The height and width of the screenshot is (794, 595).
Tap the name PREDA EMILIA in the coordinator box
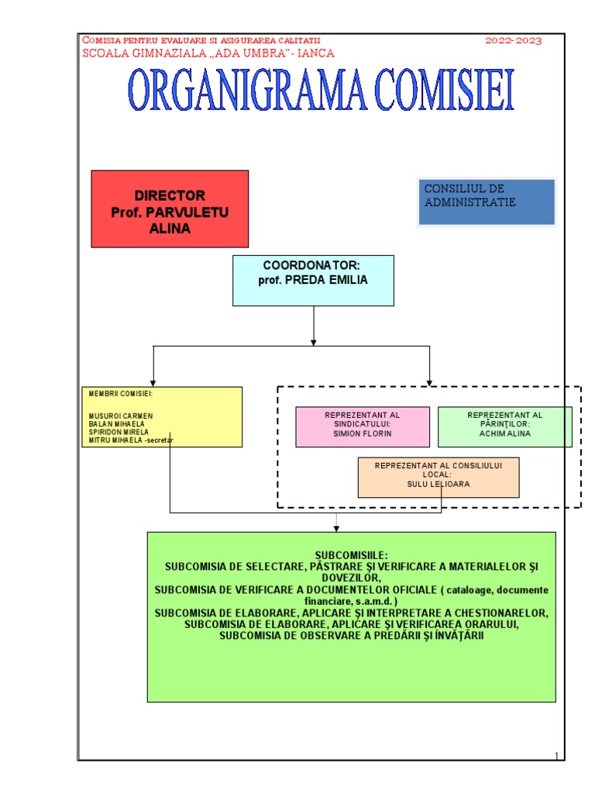coord(326,281)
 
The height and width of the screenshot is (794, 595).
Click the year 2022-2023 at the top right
coord(514,40)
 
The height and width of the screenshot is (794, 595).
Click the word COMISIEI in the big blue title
coord(439,91)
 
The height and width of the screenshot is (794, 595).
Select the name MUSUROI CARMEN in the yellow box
coord(121,416)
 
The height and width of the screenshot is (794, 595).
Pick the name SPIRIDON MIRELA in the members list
coord(119,433)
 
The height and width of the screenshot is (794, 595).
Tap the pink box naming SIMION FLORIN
coord(362,426)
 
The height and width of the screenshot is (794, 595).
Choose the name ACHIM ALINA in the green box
coord(505,434)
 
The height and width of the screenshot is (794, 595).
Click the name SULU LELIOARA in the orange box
coord(439,484)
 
